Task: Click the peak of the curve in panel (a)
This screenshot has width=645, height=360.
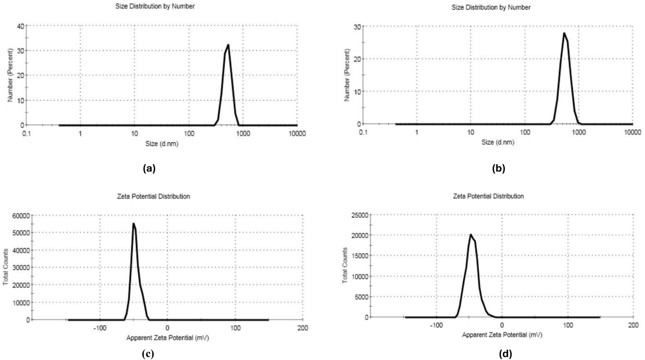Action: click(x=228, y=45)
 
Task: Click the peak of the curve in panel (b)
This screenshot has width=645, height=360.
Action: click(x=564, y=33)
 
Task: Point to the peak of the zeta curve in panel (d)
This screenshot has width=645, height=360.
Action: click(x=470, y=234)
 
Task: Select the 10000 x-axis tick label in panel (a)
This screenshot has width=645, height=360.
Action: click(x=297, y=134)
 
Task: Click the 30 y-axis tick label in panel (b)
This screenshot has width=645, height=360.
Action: click(x=357, y=27)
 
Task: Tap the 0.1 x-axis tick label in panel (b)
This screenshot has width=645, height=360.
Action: click(x=363, y=132)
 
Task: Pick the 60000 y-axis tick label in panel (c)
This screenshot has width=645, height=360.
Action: click(x=21, y=216)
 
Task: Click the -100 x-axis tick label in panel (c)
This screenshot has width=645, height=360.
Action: click(x=100, y=328)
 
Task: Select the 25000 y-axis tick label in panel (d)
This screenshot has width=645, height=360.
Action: click(x=360, y=215)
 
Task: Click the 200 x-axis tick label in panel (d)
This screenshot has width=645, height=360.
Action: click(x=633, y=326)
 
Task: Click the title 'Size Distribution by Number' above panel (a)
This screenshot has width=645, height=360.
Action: click(x=155, y=6)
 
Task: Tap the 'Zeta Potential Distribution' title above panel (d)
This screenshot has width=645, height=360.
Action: click(x=488, y=196)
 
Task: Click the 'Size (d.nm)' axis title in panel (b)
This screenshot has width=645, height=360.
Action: click(x=497, y=142)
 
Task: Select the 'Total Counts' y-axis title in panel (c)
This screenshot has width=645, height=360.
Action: click(x=6, y=267)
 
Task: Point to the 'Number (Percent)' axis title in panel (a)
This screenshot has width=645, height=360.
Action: click(x=10, y=76)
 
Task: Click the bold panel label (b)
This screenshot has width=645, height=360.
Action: click(x=498, y=168)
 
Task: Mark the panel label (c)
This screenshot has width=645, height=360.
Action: click(x=148, y=354)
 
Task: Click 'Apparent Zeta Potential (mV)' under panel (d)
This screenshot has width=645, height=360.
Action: click(x=502, y=335)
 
